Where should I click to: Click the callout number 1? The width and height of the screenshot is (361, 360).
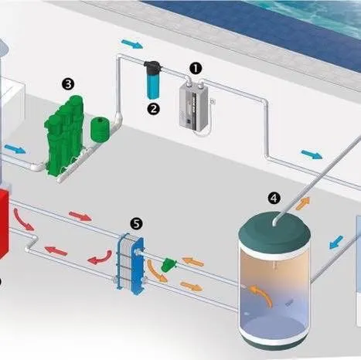(196, 68)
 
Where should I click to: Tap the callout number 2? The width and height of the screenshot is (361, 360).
(153, 109)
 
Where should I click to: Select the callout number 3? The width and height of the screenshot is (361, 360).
(68, 84)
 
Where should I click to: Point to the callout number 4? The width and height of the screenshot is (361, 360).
(274, 198)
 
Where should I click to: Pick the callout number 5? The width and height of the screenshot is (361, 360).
(136, 223)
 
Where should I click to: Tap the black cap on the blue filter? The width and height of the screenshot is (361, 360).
(153, 66)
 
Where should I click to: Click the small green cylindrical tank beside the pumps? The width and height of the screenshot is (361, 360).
(100, 130)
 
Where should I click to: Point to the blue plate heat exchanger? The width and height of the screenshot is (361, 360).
(131, 263)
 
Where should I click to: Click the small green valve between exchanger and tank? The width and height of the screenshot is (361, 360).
(169, 265)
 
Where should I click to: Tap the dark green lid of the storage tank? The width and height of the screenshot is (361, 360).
(274, 233)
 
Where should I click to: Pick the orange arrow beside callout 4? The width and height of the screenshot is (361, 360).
(303, 203)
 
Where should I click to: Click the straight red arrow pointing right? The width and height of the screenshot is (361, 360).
(80, 216)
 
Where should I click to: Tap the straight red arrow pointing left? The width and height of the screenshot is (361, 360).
(56, 250)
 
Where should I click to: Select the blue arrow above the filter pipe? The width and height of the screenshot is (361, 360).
(131, 43)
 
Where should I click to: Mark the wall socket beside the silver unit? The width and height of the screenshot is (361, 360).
(213, 101)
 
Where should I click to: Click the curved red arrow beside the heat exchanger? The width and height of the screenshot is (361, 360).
(100, 258)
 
